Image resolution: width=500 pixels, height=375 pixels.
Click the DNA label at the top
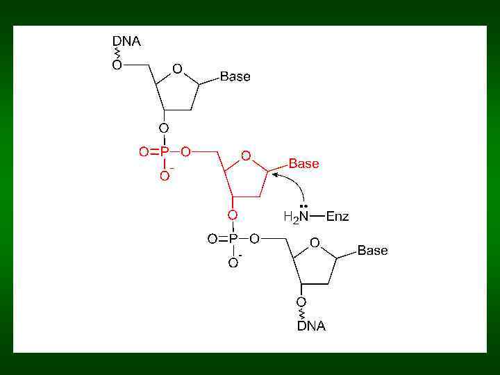[x=126, y=41]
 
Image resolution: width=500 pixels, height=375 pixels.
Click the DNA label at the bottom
[x=311, y=326]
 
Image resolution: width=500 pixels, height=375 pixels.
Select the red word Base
[x=303, y=164]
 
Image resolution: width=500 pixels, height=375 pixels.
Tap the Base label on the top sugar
[x=235, y=77]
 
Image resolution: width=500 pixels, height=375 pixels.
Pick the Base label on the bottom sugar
[x=372, y=250]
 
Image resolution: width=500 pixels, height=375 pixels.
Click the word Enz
[x=337, y=216]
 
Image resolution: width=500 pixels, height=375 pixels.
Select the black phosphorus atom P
[x=233, y=239]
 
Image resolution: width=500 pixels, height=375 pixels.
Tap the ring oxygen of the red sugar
[x=246, y=156]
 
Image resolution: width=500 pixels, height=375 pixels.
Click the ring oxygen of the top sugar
[x=177, y=69]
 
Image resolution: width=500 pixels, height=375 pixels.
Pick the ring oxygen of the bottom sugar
[x=315, y=242]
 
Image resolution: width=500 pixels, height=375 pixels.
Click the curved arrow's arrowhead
[x=275, y=175]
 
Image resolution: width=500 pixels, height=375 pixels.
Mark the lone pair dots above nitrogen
[x=303, y=206]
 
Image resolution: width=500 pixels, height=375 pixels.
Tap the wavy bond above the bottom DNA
[x=301, y=314]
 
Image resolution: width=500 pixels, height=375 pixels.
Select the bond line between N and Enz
[x=317, y=216]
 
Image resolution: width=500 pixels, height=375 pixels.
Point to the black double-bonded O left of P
[x=212, y=239]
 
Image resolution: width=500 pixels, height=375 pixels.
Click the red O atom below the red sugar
[x=233, y=215]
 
